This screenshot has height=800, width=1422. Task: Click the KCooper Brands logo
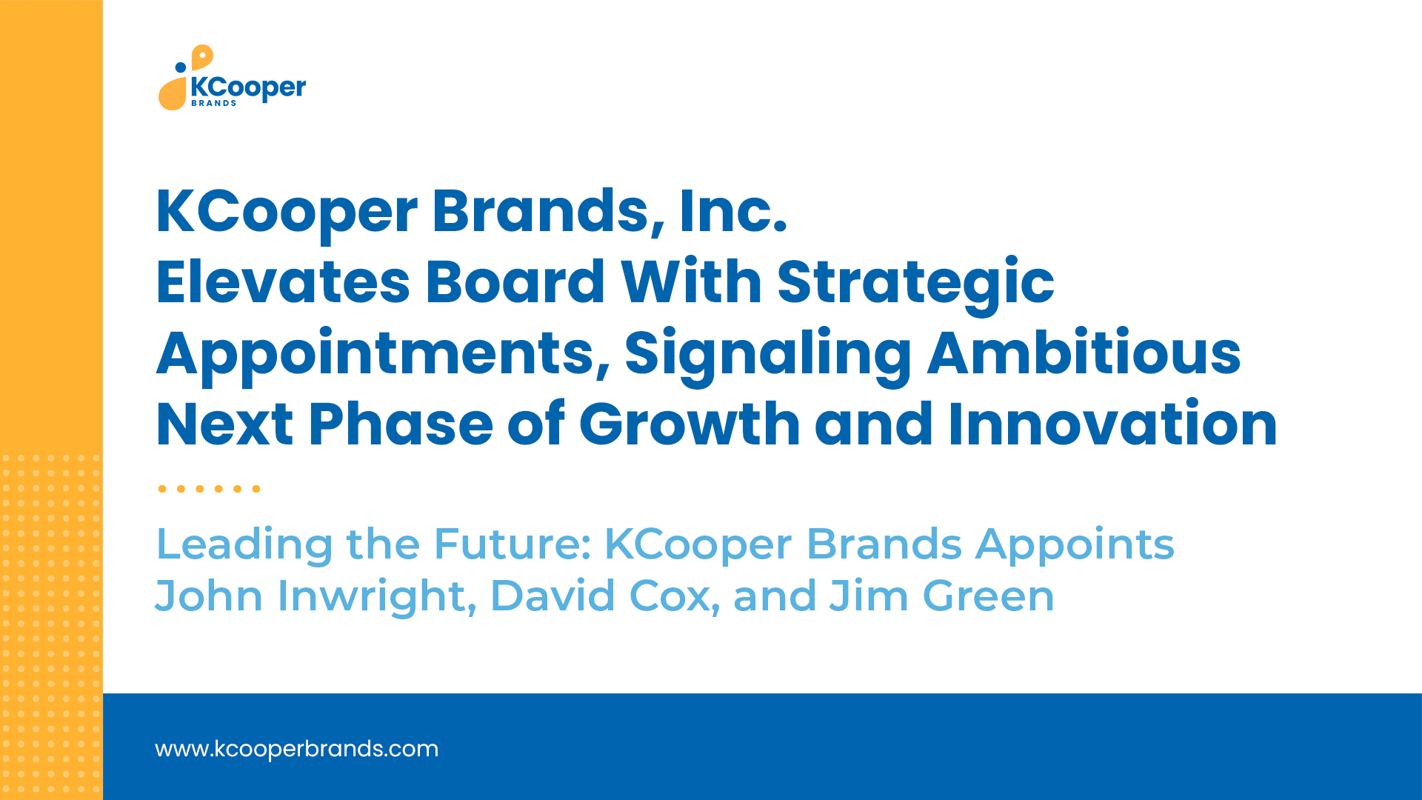pos(232,78)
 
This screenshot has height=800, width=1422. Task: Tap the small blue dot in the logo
pos(180,67)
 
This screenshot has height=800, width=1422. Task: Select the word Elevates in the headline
pos(283,282)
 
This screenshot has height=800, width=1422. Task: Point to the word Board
pos(515,282)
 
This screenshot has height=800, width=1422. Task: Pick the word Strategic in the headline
pos(916,286)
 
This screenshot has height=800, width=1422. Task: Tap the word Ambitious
pos(1084,353)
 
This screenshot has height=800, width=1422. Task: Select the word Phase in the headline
pos(401,424)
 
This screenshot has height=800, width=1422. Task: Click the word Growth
pos(690,424)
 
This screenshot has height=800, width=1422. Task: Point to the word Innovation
pos(1112,424)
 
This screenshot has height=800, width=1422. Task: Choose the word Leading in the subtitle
pos(245,547)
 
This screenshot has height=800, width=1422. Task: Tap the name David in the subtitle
pos(553,596)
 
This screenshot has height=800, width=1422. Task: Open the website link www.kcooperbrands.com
pos(296,749)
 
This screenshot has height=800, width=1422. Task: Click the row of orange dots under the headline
pos(209,489)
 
